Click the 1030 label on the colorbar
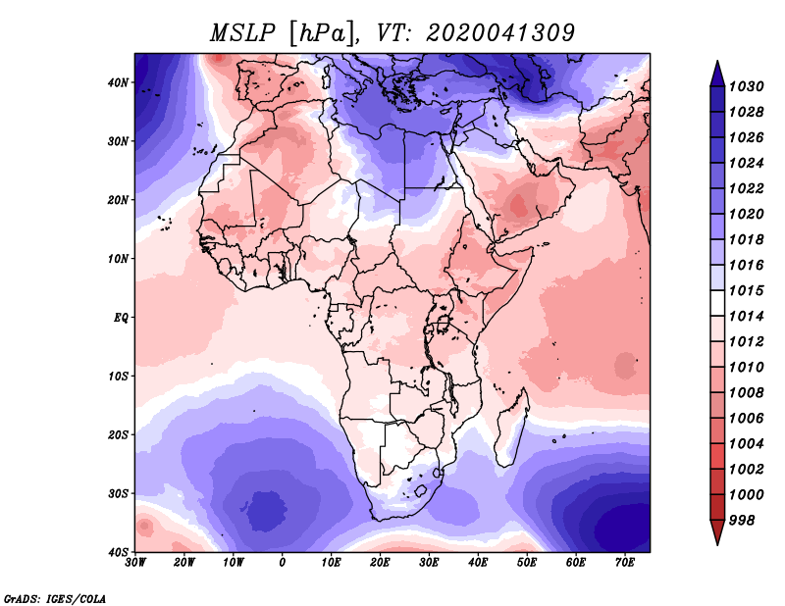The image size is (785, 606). click(746, 86)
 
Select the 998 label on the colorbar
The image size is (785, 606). click(742, 521)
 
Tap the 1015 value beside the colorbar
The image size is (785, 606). click(746, 290)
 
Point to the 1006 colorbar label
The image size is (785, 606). click(746, 419)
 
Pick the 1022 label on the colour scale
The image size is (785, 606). click(746, 188)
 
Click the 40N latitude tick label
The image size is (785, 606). click(118, 82)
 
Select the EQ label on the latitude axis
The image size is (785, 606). click(121, 318)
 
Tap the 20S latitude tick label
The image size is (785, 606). click(118, 434)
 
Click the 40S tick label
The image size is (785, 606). click(118, 552)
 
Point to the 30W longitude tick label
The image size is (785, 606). click(134, 563)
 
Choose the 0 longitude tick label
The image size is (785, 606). click(282, 563)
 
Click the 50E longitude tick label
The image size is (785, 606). click(527, 563)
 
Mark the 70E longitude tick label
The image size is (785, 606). click(624, 563)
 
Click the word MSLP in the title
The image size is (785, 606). click(242, 33)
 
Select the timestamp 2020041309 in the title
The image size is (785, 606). click(500, 33)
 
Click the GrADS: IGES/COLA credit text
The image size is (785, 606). click(55, 598)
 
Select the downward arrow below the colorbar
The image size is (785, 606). click(717, 532)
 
